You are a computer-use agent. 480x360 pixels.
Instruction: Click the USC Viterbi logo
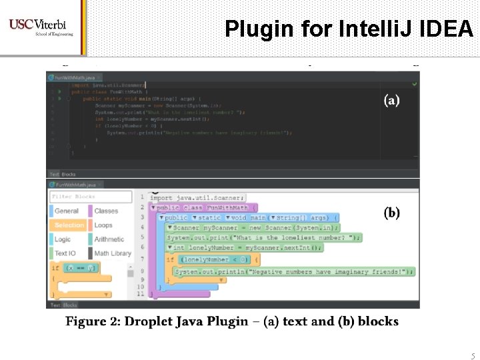(41, 27)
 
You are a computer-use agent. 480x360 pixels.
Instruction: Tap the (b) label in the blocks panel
(391, 213)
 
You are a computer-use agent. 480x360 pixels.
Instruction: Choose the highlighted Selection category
(69, 225)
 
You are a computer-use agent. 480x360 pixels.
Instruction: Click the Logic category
(63, 239)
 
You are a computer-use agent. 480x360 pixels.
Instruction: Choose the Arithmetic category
(109, 239)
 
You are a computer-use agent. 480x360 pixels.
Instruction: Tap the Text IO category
(65, 253)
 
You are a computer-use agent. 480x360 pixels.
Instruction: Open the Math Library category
(113, 253)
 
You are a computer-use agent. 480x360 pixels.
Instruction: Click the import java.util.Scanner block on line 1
(197, 197)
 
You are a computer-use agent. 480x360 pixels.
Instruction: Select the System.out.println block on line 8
(293, 271)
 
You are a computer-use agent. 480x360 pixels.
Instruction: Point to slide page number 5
(473, 356)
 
